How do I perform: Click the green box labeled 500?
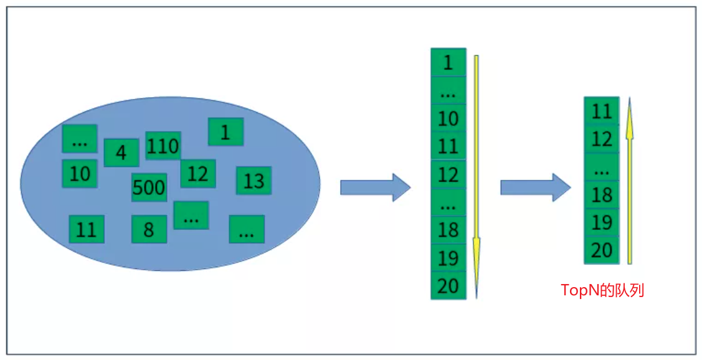(x=149, y=187)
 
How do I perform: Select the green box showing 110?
(x=163, y=146)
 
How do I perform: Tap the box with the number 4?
(x=121, y=153)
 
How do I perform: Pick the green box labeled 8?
(x=149, y=229)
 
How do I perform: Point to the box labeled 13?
(x=254, y=181)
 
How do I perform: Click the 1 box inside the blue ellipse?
(x=225, y=132)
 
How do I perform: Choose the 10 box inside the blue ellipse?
(x=80, y=173)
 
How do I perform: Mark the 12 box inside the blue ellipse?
(x=198, y=174)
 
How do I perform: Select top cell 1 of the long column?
(x=448, y=62)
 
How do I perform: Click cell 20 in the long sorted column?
(x=448, y=286)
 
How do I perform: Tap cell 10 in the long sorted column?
(x=448, y=118)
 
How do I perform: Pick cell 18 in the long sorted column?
(x=448, y=230)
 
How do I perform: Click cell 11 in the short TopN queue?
(x=602, y=111)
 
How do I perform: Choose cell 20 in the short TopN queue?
(x=602, y=250)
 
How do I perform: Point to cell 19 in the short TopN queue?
(x=602, y=222)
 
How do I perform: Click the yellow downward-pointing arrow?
(x=477, y=174)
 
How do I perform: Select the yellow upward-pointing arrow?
(x=630, y=181)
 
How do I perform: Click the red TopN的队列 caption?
(x=602, y=290)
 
